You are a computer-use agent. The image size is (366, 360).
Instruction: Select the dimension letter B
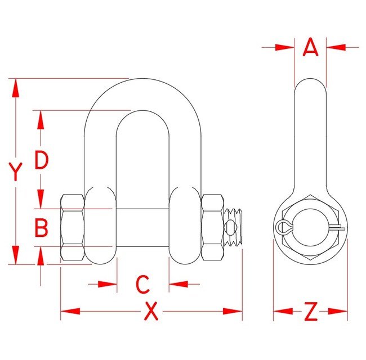(x=41, y=228)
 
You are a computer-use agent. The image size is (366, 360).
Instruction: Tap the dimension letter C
(x=143, y=284)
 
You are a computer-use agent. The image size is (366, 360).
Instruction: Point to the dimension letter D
(x=41, y=160)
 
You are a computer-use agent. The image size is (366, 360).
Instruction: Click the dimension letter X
(x=151, y=311)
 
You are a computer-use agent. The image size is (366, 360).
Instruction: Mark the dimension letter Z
(x=311, y=311)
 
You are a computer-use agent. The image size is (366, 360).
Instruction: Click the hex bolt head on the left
(x=72, y=227)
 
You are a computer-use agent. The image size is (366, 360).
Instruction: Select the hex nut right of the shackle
(x=212, y=227)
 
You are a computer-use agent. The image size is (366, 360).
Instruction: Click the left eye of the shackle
(x=101, y=225)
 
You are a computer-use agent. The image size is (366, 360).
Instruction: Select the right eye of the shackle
(x=185, y=225)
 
